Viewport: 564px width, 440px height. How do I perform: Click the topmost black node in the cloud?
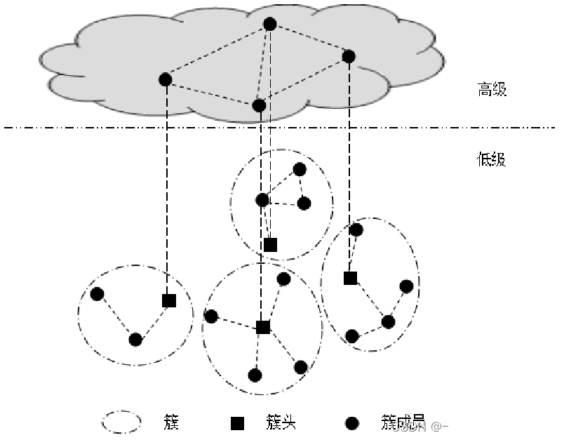pyautogui.click(x=270, y=25)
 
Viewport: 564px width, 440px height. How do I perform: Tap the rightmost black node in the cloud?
pyautogui.click(x=349, y=56)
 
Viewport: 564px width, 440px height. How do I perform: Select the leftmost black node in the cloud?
pyautogui.click(x=166, y=79)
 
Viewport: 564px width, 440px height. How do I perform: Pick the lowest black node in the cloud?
pyautogui.click(x=259, y=105)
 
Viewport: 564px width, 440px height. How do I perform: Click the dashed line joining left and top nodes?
pyautogui.click(x=217, y=52)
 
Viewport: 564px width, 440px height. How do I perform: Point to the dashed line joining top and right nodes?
pyautogui.click(x=309, y=40)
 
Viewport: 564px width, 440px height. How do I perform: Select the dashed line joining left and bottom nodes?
pyautogui.click(x=212, y=92)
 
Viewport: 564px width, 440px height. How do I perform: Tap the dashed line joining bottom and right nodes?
pyautogui.click(x=304, y=81)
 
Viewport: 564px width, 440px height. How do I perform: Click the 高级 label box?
pyautogui.click(x=505, y=89)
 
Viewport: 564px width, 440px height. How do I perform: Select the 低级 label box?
pyautogui.click(x=504, y=159)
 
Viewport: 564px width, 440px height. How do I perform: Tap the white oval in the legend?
pyautogui.click(x=122, y=421)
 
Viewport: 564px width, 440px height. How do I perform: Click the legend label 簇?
pyautogui.click(x=172, y=422)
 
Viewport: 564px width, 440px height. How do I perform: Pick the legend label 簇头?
pyautogui.click(x=287, y=422)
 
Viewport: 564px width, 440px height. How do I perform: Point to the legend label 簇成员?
pyautogui.click(x=403, y=422)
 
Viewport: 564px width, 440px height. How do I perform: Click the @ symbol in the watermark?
pyautogui.click(x=436, y=426)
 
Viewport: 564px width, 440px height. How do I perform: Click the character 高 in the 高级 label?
pyautogui.click(x=484, y=89)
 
